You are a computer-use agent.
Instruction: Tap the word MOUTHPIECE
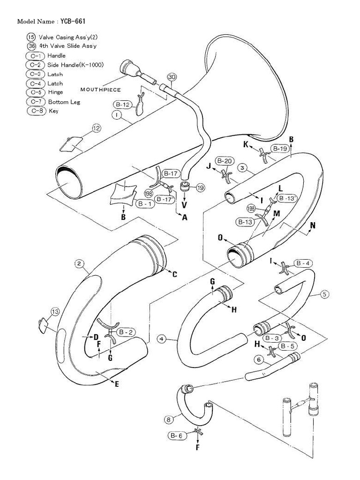point(101,89)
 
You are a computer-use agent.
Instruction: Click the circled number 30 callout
point(172,76)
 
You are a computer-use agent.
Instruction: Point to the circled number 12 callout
point(96,127)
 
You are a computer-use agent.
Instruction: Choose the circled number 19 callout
point(201,188)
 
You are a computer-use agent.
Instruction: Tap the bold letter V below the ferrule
point(184,205)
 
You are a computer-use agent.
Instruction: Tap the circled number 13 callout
point(55,311)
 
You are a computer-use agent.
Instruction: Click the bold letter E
point(117,384)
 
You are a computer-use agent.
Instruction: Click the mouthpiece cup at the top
point(128,66)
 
